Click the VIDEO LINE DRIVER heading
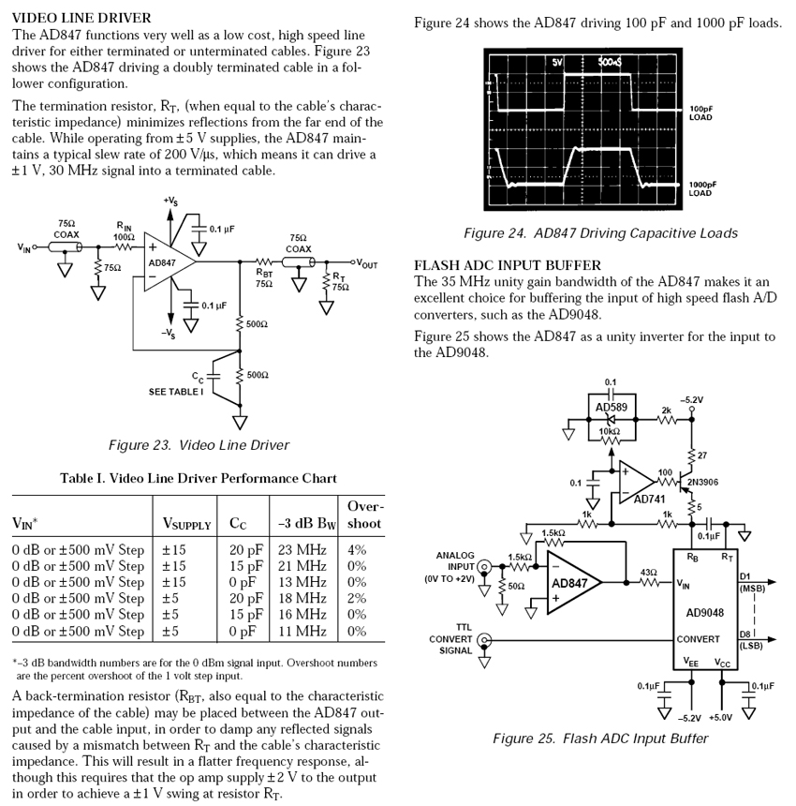tap(81, 18)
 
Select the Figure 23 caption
tap(199, 445)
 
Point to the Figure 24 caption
tap(600, 233)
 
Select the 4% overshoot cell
tap(357, 549)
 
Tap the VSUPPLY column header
tap(186, 524)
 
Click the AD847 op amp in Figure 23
tap(163, 264)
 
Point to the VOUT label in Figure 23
tap(363, 264)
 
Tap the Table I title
tap(199, 478)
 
